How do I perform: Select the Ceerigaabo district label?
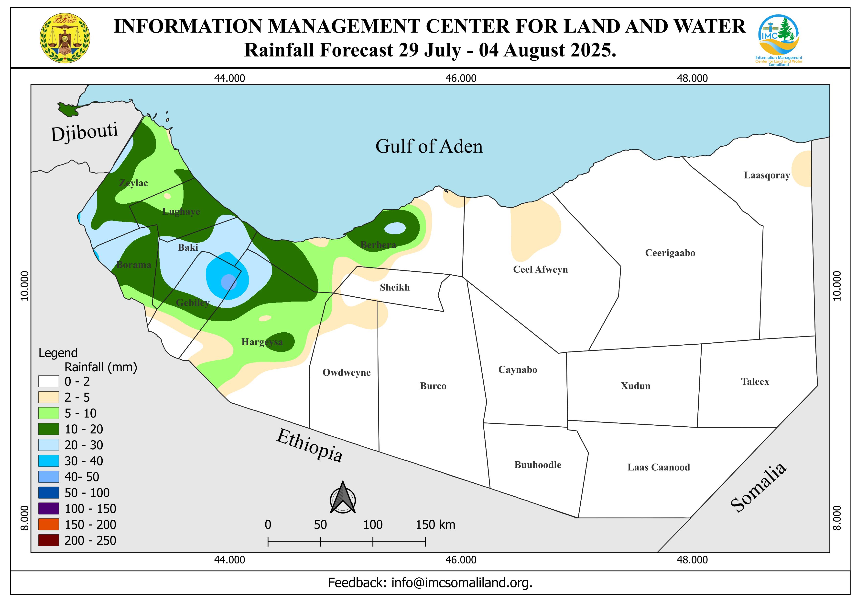click(670, 253)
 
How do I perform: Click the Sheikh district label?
click(395, 287)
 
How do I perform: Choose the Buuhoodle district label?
click(538, 465)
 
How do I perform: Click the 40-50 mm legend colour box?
click(49, 477)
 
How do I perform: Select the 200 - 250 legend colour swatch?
click(49, 540)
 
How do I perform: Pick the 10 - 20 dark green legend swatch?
click(49, 429)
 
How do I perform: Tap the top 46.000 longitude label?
click(461, 79)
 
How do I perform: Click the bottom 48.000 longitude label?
click(692, 560)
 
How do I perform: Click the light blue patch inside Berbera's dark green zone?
click(395, 228)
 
